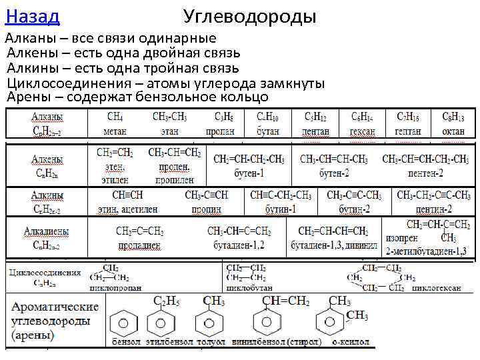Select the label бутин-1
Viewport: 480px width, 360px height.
click(280, 209)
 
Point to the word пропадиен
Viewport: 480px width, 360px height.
click(139, 245)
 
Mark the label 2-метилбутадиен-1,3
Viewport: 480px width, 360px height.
click(426, 251)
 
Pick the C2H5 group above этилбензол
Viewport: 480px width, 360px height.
click(167, 301)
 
